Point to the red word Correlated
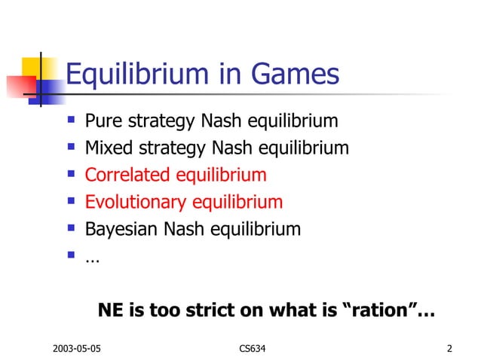[x=127, y=175]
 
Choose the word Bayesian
[x=119, y=229]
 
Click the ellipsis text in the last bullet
[x=92, y=258]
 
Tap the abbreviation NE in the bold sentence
[x=111, y=310]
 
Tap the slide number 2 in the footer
[x=449, y=349]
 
